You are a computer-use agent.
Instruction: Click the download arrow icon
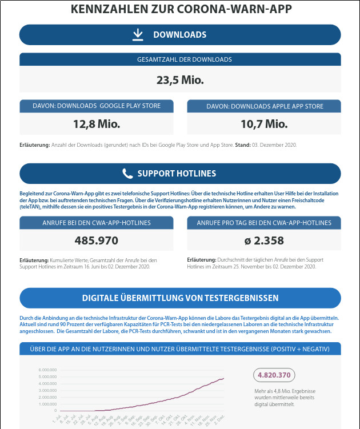[x=138, y=35]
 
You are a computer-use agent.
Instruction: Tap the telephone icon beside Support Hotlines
[x=127, y=174]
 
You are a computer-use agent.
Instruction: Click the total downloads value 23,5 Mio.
[x=180, y=80]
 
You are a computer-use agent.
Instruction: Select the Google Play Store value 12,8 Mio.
[x=97, y=124]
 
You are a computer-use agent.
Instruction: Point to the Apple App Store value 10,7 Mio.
[x=264, y=124]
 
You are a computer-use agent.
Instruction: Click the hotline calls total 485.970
[x=97, y=240]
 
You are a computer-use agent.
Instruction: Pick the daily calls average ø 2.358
[x=264, y=240]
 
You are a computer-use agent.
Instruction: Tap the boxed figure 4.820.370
[x=274, y=375]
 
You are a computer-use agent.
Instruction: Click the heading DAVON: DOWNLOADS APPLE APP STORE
[x=265, y=106]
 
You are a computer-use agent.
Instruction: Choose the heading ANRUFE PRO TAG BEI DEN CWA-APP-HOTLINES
[x=264, y=222]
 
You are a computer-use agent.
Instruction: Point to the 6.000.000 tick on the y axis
[x=47, y=370]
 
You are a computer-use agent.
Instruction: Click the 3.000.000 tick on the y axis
[x=47, y=390]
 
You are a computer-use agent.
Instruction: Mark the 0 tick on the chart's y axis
[x=55, y=410]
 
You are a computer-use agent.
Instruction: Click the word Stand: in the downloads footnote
[x=243, y=145]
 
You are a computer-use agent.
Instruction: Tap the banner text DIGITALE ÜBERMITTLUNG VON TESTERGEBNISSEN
[x=180, y=298]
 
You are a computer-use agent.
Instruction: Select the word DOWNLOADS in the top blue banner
[x=179, y=35]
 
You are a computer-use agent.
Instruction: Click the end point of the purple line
[x=223, y=378]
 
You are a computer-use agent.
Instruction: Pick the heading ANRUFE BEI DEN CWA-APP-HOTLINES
[x=97, y=222]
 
